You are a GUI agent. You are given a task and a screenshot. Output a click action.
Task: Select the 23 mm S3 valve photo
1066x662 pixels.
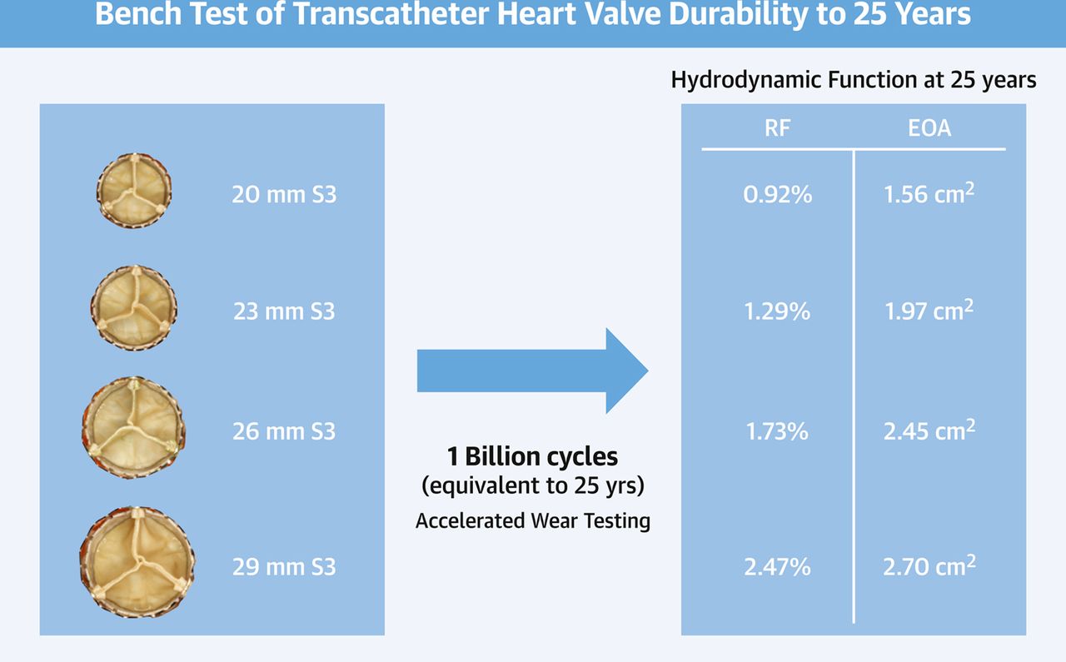tap(133, 307)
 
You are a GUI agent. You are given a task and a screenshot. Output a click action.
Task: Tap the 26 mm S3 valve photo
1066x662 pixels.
tap(133, 427)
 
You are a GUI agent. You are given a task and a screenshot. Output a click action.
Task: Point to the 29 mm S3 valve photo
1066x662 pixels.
tap(137, 565)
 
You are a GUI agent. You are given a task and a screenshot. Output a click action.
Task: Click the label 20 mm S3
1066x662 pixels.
tap(284, 196)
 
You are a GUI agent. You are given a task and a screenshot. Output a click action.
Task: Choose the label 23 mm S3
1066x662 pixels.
tap(284, 312)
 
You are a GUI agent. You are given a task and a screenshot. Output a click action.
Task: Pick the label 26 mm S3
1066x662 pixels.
tap(284, 431)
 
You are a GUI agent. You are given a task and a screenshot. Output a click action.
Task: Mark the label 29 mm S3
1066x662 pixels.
tap(284, 568)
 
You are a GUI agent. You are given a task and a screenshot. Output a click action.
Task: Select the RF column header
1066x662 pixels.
tap(777, 128)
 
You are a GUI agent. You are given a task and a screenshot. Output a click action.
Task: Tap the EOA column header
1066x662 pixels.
tap(929, 128)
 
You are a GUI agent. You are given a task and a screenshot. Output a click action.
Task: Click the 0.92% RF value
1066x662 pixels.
tap(777, 196)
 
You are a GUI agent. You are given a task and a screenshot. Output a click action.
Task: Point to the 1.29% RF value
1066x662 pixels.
tap(777, 312)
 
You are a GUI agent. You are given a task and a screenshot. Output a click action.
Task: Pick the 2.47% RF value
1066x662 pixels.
tap(777, 568)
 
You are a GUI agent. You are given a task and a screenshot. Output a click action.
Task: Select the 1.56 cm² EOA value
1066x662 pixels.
tap(929, 196)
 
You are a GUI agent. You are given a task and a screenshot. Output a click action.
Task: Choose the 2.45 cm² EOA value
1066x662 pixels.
tap(929, 431)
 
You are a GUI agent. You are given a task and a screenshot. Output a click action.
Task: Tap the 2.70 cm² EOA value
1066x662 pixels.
tap(929, 568)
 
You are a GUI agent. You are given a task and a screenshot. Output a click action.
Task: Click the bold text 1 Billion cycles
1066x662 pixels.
tap(532, 457)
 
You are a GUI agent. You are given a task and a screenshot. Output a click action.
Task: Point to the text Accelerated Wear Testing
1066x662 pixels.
tap(532, 521)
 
